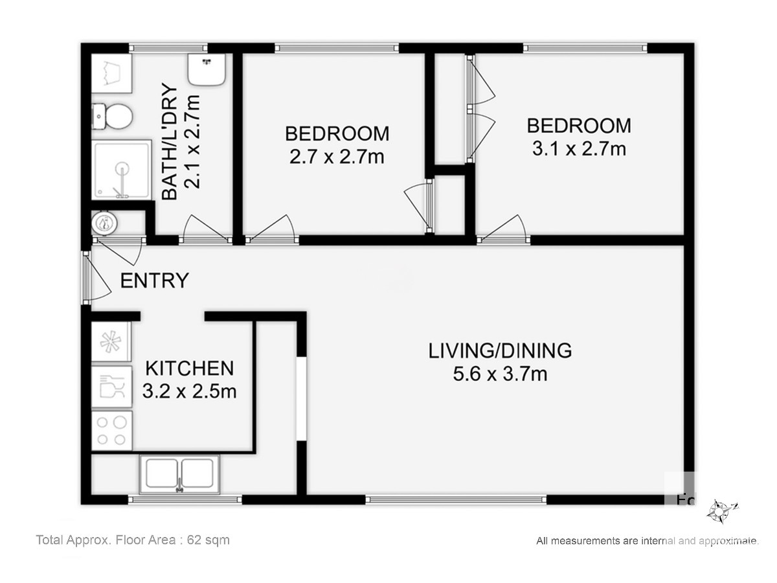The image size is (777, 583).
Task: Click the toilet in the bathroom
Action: click(x=112, y=116)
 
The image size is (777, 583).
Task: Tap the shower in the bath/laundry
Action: click(x=122, y=170)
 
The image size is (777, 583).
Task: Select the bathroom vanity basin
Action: click(x=207, y=69)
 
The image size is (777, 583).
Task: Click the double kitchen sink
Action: click(x=179, y=474)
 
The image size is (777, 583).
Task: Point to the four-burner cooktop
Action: click(x=112, y=431)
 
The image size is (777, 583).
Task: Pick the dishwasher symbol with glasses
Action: click(x=112, y=387)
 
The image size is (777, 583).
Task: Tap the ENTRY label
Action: click(x=154, y=280)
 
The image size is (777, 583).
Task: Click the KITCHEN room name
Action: click(x=189, y=368)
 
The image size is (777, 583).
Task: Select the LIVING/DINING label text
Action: click(x=500, y=350)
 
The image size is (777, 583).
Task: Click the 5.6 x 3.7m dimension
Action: click(x=500, y=374)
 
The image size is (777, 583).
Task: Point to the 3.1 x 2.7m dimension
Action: click(x=579, y=149)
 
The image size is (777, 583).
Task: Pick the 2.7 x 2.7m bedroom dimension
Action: click(x=337, y=157)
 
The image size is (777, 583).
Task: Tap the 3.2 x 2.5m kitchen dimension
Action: click(x=189, y=391)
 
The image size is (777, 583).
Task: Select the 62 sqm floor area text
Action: click(x=208, y=540)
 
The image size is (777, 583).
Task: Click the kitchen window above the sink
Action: click(x=185, y=499)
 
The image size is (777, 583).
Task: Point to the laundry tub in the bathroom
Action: click(x=112, y=74)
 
